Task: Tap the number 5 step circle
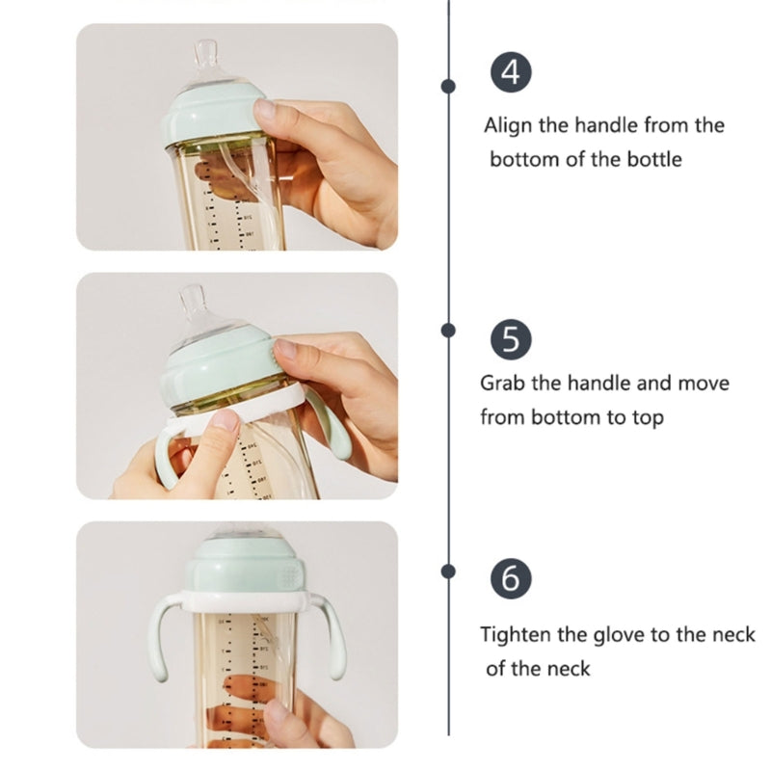pos(511,340)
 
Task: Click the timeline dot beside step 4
pos(448,86)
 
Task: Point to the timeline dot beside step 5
pos(448,330)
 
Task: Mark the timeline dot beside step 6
pos(448,572)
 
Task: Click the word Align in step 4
pos(507,125)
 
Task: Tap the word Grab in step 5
pos(503,384)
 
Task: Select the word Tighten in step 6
pos(516,635)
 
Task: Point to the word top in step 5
pos(647,418)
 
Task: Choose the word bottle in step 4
pos(651,159)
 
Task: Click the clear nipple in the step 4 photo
pos(206,62)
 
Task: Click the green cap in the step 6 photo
pos(237,564)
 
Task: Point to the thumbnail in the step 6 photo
pos(278,712)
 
